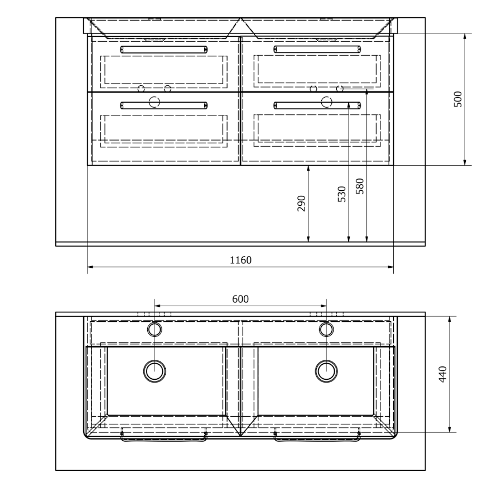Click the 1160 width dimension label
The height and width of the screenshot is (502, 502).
pos(241,260)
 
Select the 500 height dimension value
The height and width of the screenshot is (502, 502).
pos(458,99)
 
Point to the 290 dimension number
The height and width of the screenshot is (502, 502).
pos(302,203)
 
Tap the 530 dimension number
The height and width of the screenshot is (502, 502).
pos(342,194)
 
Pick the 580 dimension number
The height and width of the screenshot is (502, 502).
pos(360,186)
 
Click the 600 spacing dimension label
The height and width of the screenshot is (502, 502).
pos(240,299)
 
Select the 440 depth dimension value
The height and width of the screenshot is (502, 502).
pos(442,374)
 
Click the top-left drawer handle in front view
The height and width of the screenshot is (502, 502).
pos(164,50)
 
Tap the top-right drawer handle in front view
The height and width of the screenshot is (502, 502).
pos(317,49)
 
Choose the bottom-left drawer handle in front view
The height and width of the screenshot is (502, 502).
pos(164,105)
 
